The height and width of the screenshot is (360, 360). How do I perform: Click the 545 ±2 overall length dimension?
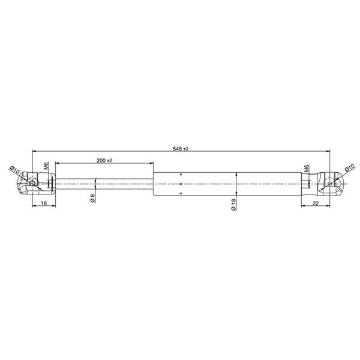(x=181, y=149)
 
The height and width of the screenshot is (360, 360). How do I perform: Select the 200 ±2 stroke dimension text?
(x=104, y=160)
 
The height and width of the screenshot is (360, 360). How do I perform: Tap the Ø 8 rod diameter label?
(x=92, y=198)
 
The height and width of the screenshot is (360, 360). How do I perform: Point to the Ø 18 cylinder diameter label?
(x=233, y=205)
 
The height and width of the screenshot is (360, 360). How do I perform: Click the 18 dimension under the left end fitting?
(x=44, y=203)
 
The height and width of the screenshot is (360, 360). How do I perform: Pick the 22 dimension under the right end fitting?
(x=316, y=203)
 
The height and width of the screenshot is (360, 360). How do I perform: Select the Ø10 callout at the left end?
(x=15, y=170)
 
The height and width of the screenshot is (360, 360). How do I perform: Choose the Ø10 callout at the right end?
(x=350, y=167)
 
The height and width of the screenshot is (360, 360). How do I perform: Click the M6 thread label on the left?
(x=46, y=166)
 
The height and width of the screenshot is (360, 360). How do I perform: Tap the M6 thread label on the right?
(x=307, y=169)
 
